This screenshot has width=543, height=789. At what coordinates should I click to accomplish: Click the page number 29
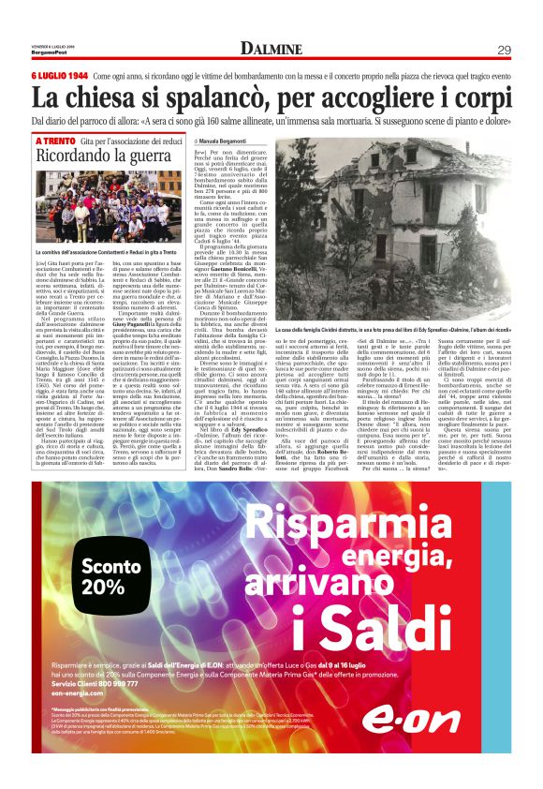pos(503,49)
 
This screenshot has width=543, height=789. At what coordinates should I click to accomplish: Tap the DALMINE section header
pos(271,49)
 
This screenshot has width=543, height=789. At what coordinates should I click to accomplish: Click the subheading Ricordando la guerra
pos(88,156)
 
